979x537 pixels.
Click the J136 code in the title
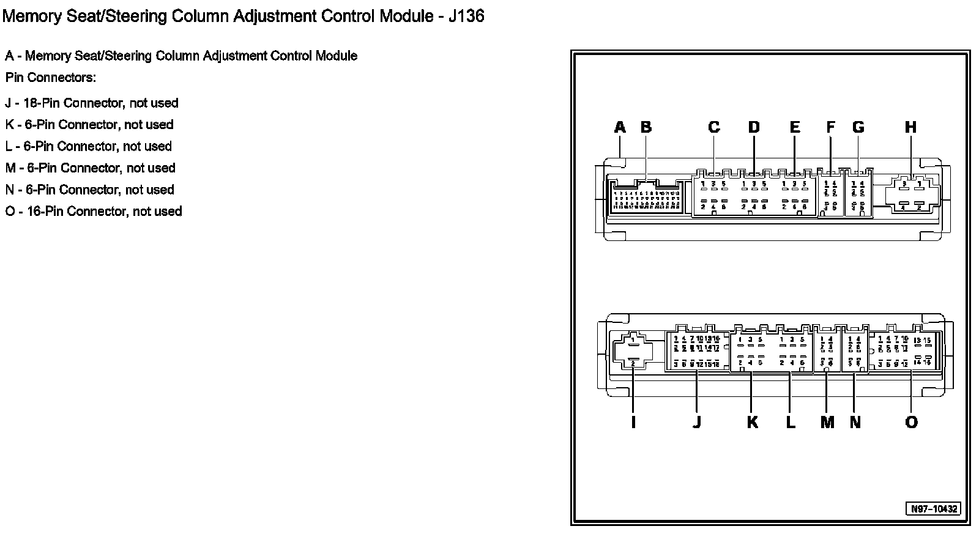pos(466,16)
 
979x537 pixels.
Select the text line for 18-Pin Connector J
pos(92,103)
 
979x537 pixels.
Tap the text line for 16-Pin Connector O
pos(94,211)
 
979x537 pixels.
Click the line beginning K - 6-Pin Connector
pos(89,125)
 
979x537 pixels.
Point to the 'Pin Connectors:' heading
pos(51,78)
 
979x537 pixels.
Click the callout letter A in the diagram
pos(620,127)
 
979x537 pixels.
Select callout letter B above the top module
pos(646,127)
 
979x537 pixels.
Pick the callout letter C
pos(713,127)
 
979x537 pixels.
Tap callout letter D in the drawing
pos(754,127)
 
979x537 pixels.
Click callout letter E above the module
pos(795,127)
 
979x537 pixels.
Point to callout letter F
pos(830,127)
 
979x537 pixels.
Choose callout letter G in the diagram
pos(858,127)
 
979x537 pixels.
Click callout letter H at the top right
pos(911,127)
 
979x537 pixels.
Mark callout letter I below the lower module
pos(633,422)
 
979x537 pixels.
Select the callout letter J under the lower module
pos(697,422)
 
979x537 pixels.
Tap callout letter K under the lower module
pos(752,422)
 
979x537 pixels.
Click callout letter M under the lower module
pos(827,422)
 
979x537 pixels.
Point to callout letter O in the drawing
pos(911,422)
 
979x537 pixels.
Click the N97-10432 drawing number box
pos(933,509)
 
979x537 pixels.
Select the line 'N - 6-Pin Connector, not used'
pos(90,190)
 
